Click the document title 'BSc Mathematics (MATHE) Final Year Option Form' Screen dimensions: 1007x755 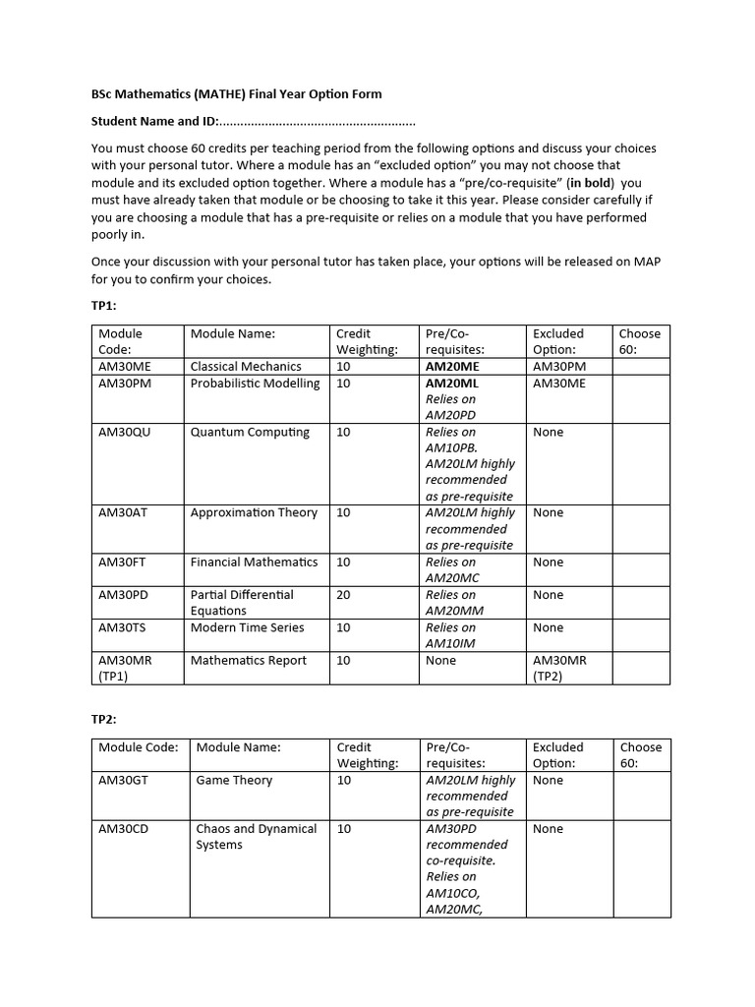[236, 94]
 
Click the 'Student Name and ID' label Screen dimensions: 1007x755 [153, 122]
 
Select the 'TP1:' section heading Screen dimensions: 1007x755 [104, 306]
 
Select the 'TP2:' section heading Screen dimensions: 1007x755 [104, 719]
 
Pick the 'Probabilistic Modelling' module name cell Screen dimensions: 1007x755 [255, 384]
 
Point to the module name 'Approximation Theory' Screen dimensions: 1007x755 [254, 512]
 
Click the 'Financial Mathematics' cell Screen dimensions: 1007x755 [254, 562]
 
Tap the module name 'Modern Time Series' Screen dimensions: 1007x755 [247, 627]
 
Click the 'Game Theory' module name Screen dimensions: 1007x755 [234, 780]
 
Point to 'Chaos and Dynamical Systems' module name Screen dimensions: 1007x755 [257, 837]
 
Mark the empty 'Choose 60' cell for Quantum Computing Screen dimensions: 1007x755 [640, 463]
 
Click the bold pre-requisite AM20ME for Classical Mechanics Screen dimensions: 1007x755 [452, 367]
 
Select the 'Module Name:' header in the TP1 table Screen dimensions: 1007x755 [233, 334]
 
